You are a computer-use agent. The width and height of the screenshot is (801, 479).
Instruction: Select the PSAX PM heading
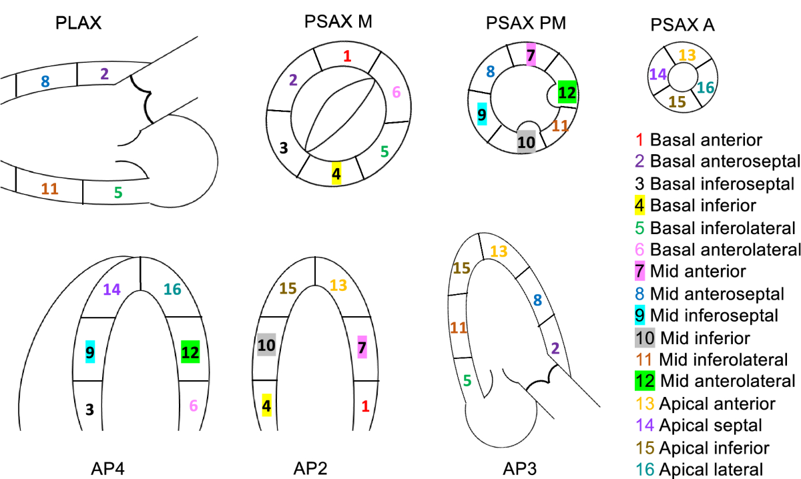pyautogui.click(x=526, y=25)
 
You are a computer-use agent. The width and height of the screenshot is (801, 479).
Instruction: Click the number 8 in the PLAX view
pyautogui.click(x=45, y=81)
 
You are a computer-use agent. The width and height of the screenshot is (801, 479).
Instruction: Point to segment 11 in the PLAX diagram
pyautogui.click(x=49, y=189)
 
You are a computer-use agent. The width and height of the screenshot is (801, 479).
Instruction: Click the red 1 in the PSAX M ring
pyautogui.click(x=346, y=55)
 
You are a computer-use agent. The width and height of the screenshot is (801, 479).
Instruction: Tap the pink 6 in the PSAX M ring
pyautogui.click(x=396, y=92)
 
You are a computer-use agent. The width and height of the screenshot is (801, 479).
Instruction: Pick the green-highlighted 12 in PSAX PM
pyautogui.click(x=567, y=93)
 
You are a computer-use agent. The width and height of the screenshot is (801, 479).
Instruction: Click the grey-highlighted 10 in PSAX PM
pyautogui.click(x=526, y=141)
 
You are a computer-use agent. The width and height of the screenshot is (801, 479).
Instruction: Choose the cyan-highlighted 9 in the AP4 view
pyautogui.click(x=89, y=350)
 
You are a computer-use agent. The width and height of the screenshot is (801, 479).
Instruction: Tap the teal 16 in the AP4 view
pyautogui.click(x=172, y=290)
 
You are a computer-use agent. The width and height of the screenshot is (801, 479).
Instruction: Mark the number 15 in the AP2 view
pyautogui.click(x=288, y=288)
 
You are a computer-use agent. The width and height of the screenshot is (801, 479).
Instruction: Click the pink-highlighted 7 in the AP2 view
pyautogui.click(x=362, y=347)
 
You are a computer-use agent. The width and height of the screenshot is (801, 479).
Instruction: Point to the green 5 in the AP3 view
pyautogui.click(x=467, y=381)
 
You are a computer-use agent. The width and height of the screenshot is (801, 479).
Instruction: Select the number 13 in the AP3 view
pyautogui.click(x=499, y=251)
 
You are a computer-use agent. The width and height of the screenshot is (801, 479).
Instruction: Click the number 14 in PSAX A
pyautogui.click(x=657, y=73)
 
